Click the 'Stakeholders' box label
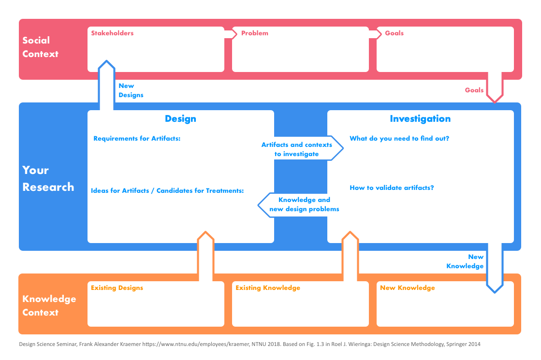click(112, 33)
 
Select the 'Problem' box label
click(254, 33)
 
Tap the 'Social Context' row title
click(40, 47)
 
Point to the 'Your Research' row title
click(48, 178)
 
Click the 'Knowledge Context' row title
click(49, 305)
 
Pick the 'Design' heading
click(180, 119)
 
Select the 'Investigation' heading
click(420, 119)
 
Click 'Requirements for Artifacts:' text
click(137, 139)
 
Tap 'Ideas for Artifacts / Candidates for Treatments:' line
click(167, 190)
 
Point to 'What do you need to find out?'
click(399, 139)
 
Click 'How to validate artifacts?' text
click(392, 187)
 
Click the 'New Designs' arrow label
click(131, 90)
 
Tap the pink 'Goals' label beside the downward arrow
click(474, 90)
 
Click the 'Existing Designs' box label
click(117, 288)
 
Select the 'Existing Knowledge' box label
click(268, 288)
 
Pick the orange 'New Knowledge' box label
click(407, 288)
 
